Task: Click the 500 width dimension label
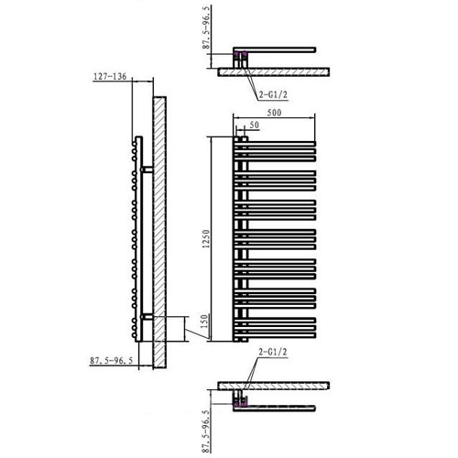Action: coord(274,113)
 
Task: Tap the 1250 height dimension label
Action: coord(207,239)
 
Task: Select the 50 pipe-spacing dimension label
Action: coord(255,125)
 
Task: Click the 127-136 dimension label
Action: coord(110,76)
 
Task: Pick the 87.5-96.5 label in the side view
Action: coord(112,361)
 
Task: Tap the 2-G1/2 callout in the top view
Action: coord(273,95)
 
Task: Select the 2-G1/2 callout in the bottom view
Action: coord(273,352)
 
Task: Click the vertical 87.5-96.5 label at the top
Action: coord(207,27)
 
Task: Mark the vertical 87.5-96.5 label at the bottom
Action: coord(207,431)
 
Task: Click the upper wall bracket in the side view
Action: coord(147,169)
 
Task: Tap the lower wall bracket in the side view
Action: coord(147,317)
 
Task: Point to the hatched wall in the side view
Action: coord(159,233)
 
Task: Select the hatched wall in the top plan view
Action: coord(274,72)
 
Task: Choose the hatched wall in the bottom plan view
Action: coord(274,386)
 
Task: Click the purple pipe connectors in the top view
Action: coord(240,55)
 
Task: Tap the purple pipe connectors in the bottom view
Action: coord(240,404)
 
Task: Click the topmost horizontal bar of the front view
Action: coord(275,144)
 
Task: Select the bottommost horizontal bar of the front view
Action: coord(275,335)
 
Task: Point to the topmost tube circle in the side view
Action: coord(134,144)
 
